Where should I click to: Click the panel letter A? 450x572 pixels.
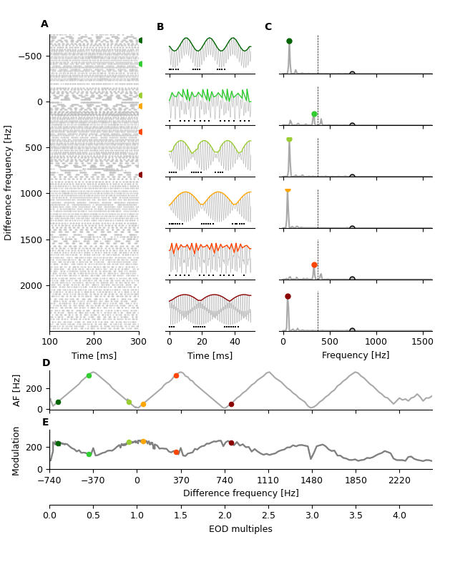[x=44, y=24]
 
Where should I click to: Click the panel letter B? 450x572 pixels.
[x=160, y=27]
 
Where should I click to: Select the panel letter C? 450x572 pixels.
[x=268, y=27]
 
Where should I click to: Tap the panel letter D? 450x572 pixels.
[x=46, y=363]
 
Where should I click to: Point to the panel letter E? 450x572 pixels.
[x=46, y=423]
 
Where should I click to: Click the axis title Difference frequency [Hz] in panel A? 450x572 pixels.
[x=9, y=182]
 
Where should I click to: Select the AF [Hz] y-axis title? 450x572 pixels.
[x=17, y=390]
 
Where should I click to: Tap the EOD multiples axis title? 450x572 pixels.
[x=240, y=529]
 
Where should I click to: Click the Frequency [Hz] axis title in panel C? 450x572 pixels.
[x=356, y=355]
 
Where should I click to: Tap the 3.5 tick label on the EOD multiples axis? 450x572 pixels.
[x=356, y=515]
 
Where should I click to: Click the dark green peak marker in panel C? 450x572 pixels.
[x=289, y=41]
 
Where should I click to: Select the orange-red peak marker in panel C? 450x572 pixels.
[x=314, y=265]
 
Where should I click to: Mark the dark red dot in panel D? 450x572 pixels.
[x=231, y=404]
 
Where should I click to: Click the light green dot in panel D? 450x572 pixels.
[x=89, y=375]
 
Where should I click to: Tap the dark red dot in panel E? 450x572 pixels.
[x=231, y=443]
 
